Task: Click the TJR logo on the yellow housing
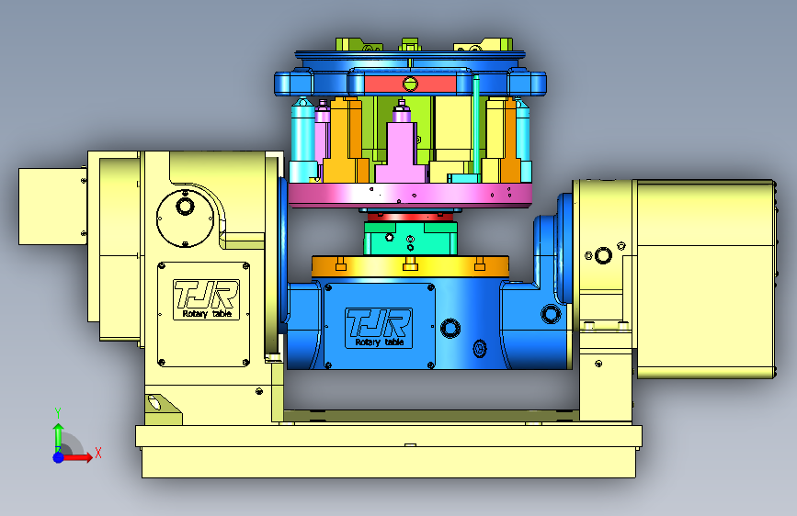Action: (206, 299)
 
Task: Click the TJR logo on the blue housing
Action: (378, 328)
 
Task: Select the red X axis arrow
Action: (77, 456)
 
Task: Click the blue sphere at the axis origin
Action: (59, 457)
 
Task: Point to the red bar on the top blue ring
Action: (410, 84)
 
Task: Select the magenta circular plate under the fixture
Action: (410, 195)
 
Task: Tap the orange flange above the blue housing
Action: (410, 266)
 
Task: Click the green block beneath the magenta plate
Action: (410, 238)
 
